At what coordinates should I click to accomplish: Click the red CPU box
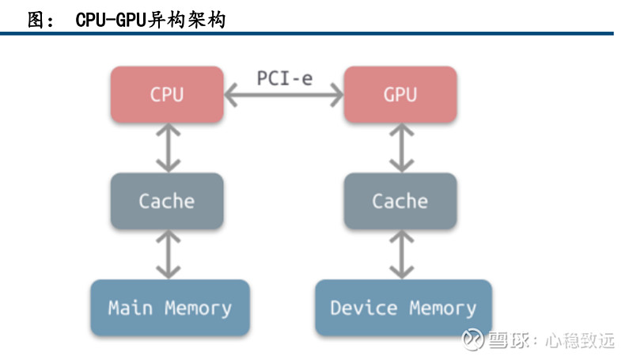click(x=167, y=94)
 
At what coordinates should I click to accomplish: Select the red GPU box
click(x=400, y=94)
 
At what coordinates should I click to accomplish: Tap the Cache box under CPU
click(x=167, y=201)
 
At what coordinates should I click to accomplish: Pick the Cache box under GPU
click(x=400, y=201)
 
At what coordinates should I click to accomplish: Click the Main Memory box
click(x=170, y=308)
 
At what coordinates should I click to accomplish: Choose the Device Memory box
click(x=404, y=308)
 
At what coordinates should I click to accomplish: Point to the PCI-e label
click(x=285, y=78)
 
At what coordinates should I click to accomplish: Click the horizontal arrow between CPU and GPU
click(x=284, y=95)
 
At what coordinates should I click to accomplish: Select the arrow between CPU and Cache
click(x=168, y=148)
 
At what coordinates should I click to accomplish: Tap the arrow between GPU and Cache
click(x=401, y=148)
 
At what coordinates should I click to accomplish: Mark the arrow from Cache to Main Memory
click(x=168, y=254)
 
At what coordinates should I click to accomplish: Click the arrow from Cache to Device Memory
click(x=401, y=254)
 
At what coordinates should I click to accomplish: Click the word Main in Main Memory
click(x=131, y=308)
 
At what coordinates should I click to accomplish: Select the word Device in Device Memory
click(x=364, y=308)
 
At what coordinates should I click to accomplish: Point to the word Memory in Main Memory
click(x=199, y=309)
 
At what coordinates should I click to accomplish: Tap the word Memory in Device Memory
click(x=443, y=309)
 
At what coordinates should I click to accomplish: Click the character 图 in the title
click(x=36, y=19)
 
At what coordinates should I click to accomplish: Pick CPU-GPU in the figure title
click(x=110, y=20)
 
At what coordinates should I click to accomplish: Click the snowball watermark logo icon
click(x=472, y=339)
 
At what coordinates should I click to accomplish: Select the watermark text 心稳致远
click(x=580, y=340)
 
